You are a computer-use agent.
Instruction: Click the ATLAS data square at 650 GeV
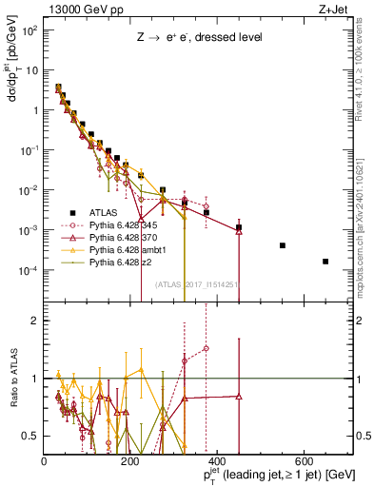tap(325, 262)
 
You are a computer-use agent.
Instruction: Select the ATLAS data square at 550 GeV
tap(283, 245)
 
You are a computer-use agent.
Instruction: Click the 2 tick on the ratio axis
tap(35, 320)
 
